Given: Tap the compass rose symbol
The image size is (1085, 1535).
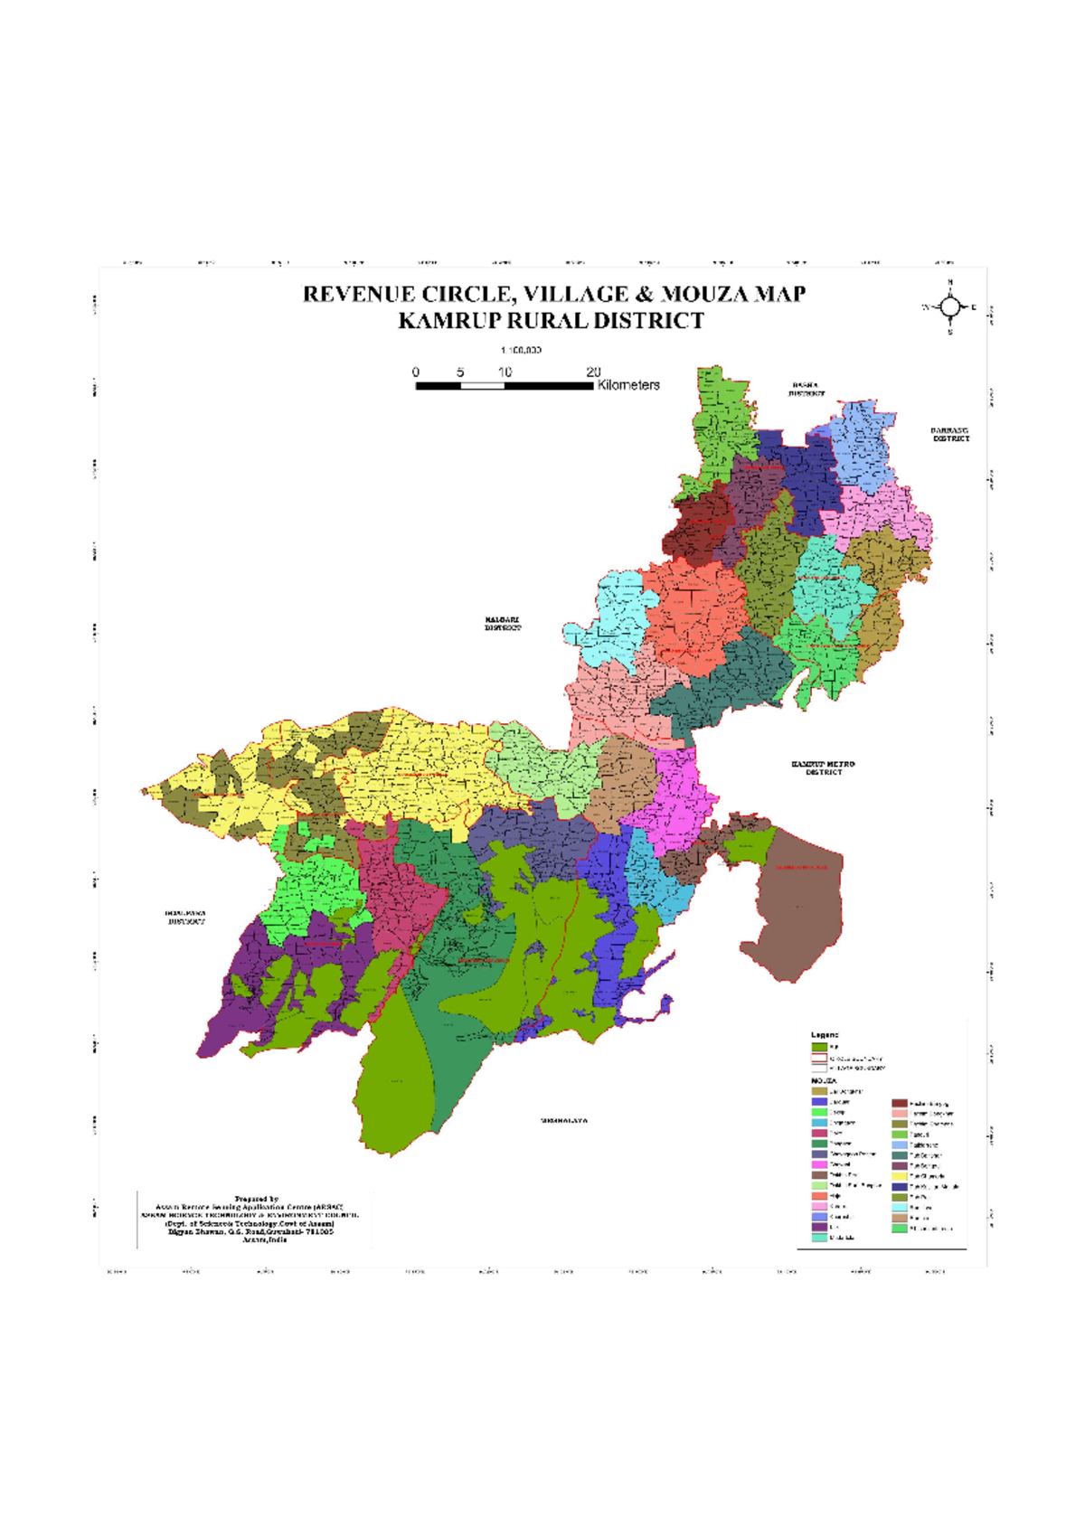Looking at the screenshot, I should coord(949,307).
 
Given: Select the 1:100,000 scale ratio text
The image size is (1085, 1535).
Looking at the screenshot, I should coord(521,350).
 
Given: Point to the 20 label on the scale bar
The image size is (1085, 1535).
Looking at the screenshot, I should coord(593,372).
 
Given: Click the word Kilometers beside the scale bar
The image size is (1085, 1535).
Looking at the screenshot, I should coord(628,385).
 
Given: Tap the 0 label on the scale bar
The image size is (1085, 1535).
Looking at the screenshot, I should coord(416,372).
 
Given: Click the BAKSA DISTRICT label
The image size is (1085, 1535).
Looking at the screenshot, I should coord(806,390).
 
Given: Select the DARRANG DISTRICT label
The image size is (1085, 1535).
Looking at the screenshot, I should coord(950,435).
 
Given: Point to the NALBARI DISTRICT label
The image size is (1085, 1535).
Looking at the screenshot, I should coord(502,624).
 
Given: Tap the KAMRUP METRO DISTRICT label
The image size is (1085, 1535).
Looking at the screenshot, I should coord(823,767).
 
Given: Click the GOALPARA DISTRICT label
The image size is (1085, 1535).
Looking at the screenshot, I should coord(185,918).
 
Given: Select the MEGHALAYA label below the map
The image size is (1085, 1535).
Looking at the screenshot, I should coord(564,1121).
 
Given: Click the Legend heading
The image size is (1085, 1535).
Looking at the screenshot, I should coord(825,1035).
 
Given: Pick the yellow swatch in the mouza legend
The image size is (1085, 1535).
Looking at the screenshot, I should coord(900,1176).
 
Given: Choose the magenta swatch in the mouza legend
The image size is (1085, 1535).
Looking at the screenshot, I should coord(819,1164).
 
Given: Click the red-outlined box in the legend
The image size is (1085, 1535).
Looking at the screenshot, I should coord(819,1058).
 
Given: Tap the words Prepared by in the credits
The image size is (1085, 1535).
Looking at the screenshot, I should coord(257,1200).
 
